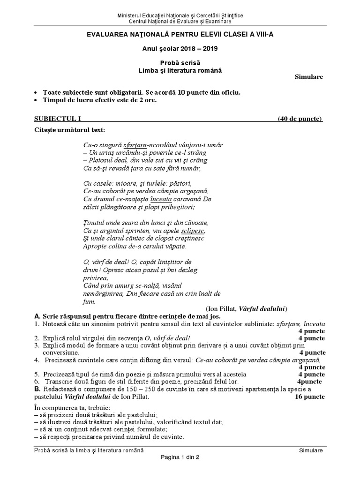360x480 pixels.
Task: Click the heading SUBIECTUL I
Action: pyautogui.click(x=58, y=119)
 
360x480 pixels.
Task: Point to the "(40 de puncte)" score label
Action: pyautogui.click(x=300, y=119)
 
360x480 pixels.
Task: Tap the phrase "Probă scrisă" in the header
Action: pyautogui.click(x=180, y=63)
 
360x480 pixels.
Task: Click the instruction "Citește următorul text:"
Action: pyautogui.click(x=70, y=129)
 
